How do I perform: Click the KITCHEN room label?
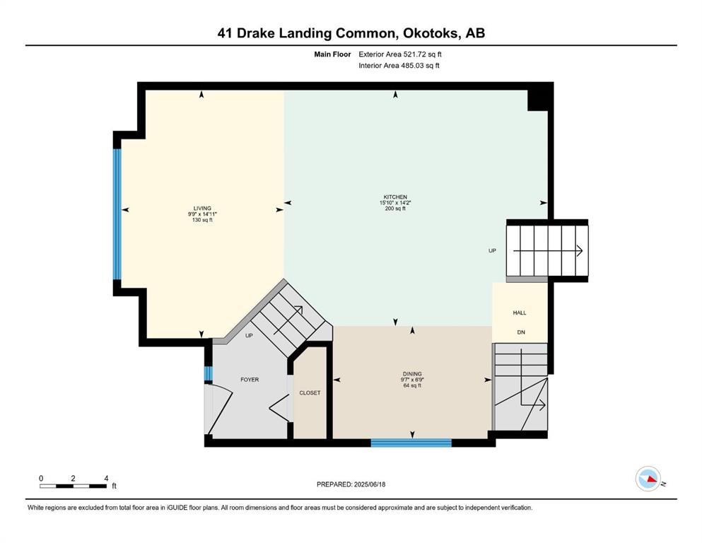(x=395, y=197)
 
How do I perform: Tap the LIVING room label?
(x=202, y=208)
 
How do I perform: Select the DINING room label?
(x=412, y=374)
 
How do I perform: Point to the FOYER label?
(x=250, y=380)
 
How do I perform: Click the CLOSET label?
(x=310, y=392)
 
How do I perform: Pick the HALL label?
(x=520, y=313)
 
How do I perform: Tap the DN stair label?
(x=521, y=332)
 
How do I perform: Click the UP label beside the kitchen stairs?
(x=493, y=251)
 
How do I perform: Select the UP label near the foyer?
(x=249, y=335)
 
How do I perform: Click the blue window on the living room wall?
(x=117, y=214)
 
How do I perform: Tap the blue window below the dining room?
(x=411, y=443)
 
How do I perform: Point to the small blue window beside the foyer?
(x=208, y=374)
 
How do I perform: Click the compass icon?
(x=648, y=479)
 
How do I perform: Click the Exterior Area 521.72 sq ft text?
(x=400, y=54)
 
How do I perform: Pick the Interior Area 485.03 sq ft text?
(x=399, y=65)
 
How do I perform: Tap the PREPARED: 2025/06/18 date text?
(x=351, y=484)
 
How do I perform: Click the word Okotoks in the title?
(x=431, y=33)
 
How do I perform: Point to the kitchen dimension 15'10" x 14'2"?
(x=395, y=203)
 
